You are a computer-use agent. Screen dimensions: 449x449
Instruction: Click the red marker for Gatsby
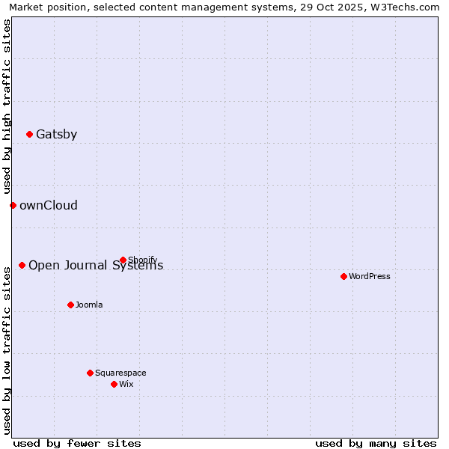(30, 135)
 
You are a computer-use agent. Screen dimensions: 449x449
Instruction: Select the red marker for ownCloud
(13, 205)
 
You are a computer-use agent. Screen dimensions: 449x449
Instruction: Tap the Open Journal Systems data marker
(22, 265)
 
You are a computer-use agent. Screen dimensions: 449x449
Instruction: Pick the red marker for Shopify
(123, 260)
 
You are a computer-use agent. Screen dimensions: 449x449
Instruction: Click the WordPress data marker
(343, 276)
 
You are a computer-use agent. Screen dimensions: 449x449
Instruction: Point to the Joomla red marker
(70, 305)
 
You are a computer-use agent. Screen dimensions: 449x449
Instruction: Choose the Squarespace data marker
(90, 373)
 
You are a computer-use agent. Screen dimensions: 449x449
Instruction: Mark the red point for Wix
(114, 384)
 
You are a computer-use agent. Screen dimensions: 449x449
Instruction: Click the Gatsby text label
(56, 135)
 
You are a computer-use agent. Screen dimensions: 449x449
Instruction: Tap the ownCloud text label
(48, 206)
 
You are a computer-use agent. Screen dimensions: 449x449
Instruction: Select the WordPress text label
(370, 277)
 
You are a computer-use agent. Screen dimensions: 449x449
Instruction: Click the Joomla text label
(89, 305)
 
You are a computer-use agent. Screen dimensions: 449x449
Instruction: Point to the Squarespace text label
(120, 373)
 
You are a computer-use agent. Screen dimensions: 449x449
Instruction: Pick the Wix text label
(126, 385)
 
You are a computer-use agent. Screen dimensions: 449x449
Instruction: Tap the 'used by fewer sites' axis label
(77, 443)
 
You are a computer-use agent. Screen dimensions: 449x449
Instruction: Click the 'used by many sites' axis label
(376, 443)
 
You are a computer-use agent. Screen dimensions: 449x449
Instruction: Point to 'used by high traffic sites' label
(7, 107)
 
